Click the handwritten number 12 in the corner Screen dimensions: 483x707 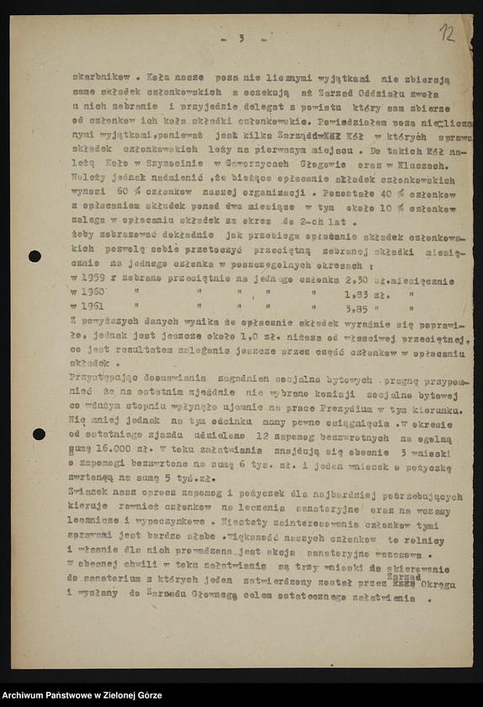(446, 34)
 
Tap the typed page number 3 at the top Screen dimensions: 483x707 (241, 39)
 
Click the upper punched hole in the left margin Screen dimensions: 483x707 (34, 256)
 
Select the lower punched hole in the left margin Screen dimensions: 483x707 (39, 434)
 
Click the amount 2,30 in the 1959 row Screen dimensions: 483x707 (358, 280)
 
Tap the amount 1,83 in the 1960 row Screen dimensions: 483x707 (356, 294)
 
